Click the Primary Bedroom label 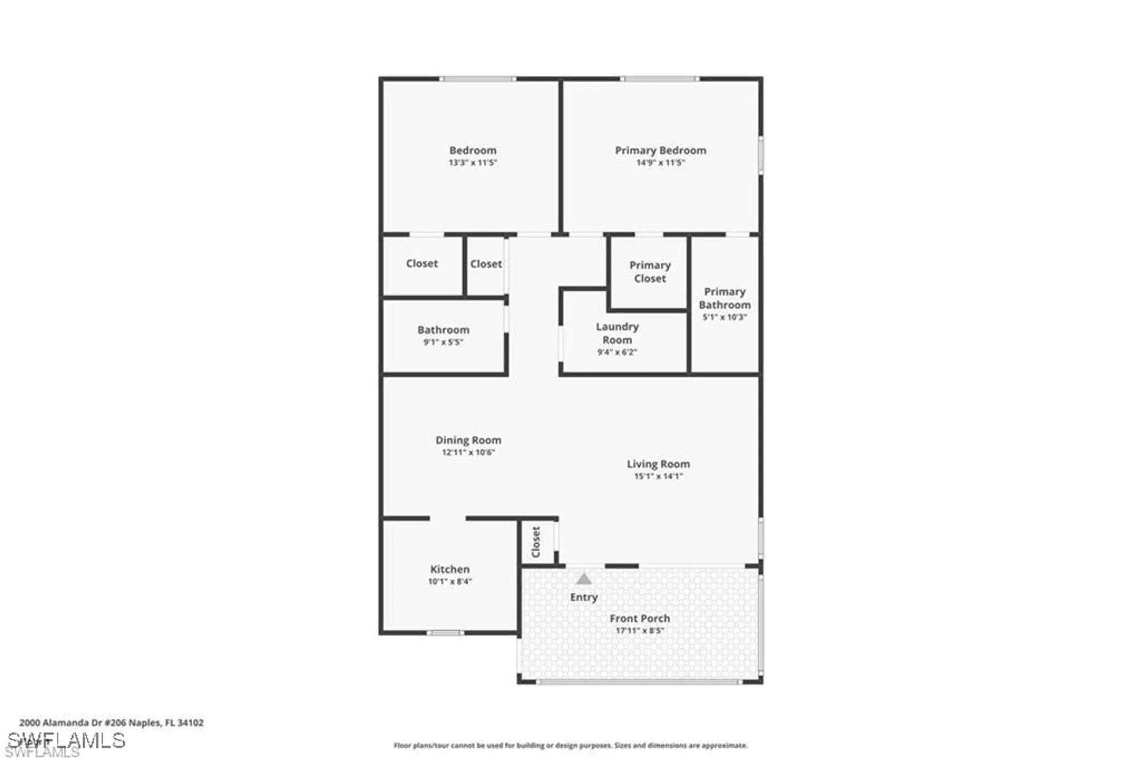[x=660, y=151]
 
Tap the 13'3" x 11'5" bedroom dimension [x=472, y=163]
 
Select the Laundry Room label [x=617, y=333]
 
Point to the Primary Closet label [x=650, y=272]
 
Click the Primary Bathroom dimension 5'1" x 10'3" [x=725, y=317]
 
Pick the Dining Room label [x=468, y=440]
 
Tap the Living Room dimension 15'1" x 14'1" [x=658, y=476]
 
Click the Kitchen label [x=450, y=569]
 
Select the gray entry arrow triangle [x=583, y=579]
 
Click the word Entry [x=584, y=597]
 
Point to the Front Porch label [x=640, y=618]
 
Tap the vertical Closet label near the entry [x=536, y=541]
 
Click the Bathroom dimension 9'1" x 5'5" [x=443, y=342]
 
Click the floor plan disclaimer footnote [x=570, y=745]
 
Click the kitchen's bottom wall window [x=446, y=633]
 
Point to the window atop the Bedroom [x=478, y=79]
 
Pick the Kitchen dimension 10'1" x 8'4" [x=450, y=581]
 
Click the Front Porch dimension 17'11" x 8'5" [x=640, y=630]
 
